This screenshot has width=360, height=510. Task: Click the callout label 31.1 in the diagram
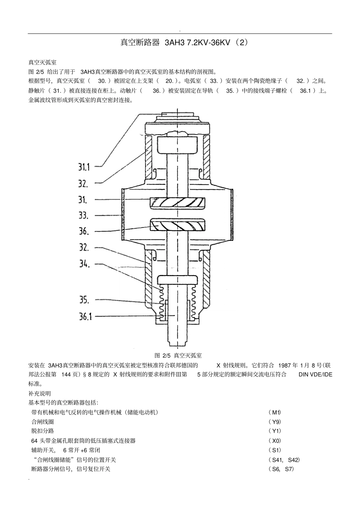pyautogui.click(x=84, y=167)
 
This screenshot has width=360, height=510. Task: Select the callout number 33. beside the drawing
pyautogui.click(x=83, y=215)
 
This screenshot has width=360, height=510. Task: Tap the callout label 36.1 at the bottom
pyautogui.click(x=85, y=316)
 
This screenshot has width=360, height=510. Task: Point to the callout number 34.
pyautogui.click(x=84, y=264)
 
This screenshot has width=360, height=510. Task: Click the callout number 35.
pyautogui.click(x=84, y=300)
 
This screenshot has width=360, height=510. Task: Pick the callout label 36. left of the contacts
pyautogui.click(x=84, y=231)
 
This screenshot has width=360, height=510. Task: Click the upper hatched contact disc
pyautogui.click(x=177, y=202)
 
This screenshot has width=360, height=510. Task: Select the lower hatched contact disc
pyautogui.click(x=177, y=225)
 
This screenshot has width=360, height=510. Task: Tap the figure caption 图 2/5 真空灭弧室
pyautogui.click(x=178, y=355)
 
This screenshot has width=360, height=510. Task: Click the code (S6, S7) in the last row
pyautogui.click(x=280, y=469)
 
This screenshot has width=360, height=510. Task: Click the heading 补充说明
pyautogui.click(x=39, y=393)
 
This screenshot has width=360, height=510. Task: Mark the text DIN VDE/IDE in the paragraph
pyautogui.click(x=315, y=375)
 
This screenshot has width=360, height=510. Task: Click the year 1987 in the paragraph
pyautogui.click(x=284, y=366)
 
